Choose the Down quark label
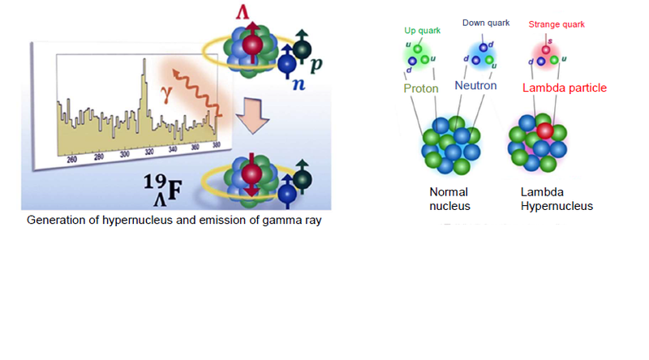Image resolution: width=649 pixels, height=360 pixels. pos(486,23)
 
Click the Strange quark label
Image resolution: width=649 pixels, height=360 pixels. pos(556,24)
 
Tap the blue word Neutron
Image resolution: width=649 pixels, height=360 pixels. pos(479,85)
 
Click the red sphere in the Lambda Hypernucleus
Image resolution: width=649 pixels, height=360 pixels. pos(544,131)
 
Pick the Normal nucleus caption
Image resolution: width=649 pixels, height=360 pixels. pos(449,199)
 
